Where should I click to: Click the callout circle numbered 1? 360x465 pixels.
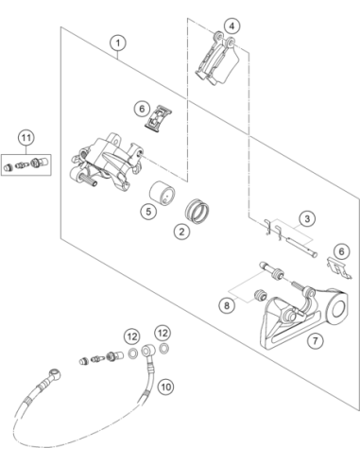[118, 43]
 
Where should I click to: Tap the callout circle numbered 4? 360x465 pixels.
[231, 26]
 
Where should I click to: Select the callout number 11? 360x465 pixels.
[26, 138]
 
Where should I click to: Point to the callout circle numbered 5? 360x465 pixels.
[148, 211]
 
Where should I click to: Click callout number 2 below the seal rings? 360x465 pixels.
[181, 232]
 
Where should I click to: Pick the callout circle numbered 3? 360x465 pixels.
[307, 218]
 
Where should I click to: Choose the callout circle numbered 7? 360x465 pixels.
[316, 340]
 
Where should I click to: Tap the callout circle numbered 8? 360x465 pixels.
[227, 305]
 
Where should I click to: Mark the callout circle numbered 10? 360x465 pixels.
[165, 387]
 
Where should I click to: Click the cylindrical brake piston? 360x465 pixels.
[162, 191]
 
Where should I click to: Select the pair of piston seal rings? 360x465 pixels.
[197, 211]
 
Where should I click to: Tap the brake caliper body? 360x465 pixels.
[106, 162]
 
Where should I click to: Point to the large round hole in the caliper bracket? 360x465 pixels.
[338, 309]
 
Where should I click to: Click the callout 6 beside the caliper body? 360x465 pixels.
[142, 109]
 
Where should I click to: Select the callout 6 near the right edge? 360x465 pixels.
[341, 251]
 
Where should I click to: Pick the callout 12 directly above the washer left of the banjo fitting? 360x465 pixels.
[132, 336]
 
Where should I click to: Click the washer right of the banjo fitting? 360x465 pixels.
[163, 349]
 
